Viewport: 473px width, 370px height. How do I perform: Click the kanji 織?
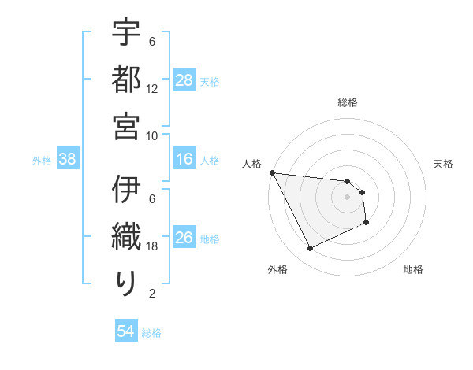tap(126, 236)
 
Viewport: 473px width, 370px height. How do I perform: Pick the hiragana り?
tap(126, 283)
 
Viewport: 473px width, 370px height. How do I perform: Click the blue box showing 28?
tap(184, 80)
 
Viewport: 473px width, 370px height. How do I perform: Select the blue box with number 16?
tap(184, 160)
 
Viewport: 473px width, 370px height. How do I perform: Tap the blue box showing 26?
tap(184, 239)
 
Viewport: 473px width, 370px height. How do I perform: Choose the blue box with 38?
tap(67, 160)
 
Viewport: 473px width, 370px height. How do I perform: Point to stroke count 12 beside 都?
tap(152, 89)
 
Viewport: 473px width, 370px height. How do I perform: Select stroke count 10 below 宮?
tap(152, 135)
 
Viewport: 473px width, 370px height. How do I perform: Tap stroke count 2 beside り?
tap(152, 294)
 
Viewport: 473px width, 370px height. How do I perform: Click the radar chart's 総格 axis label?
tap(348, 102)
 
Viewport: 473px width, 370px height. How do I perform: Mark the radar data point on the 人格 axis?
tap(272, 172)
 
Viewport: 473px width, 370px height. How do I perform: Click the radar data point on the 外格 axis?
tap(310, 249)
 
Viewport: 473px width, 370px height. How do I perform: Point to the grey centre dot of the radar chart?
tap(348, 197)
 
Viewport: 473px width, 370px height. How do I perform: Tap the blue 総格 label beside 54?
tap(151, 333)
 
